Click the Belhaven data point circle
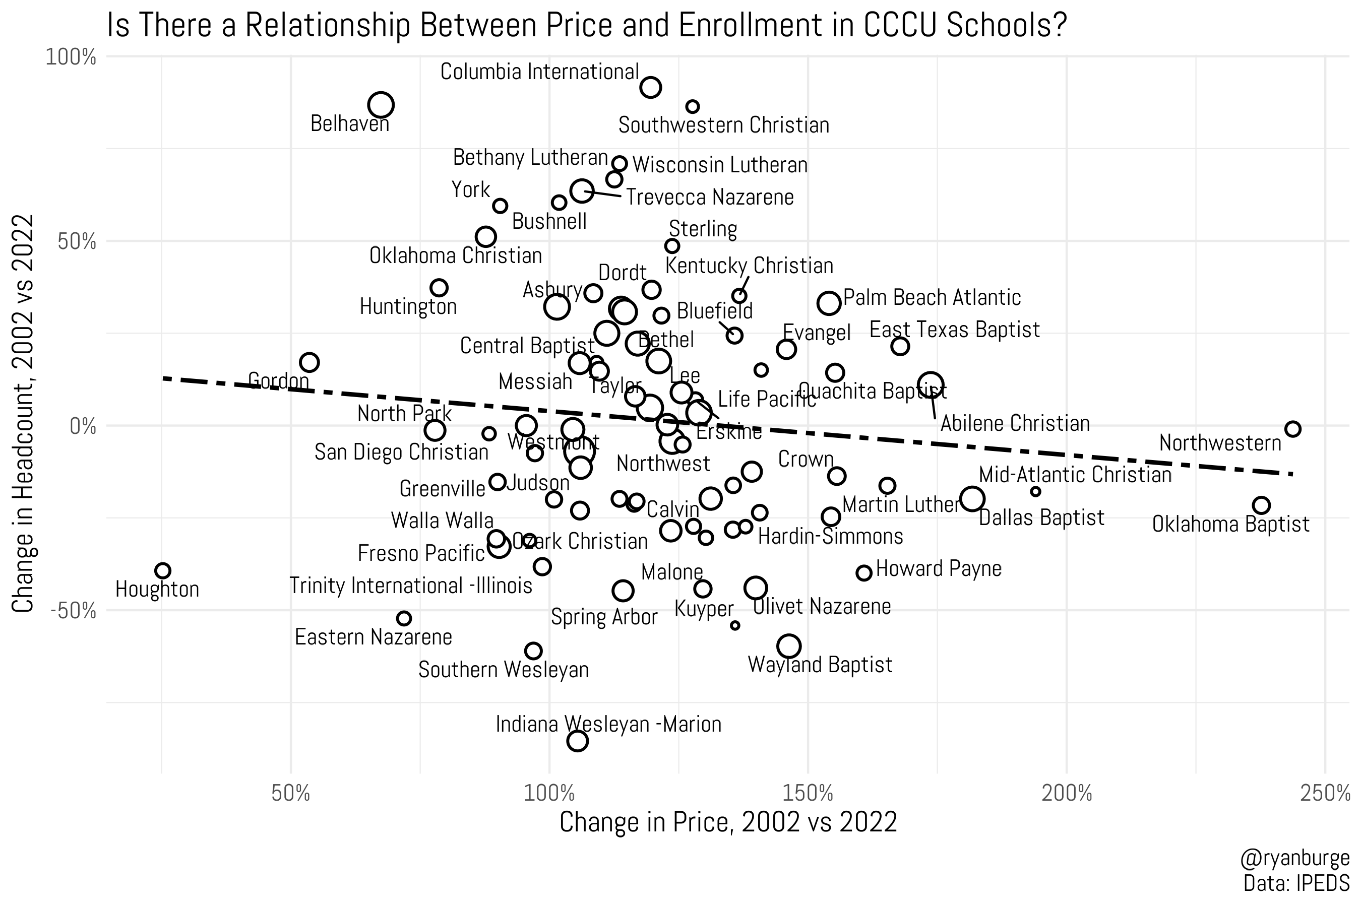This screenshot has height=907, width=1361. [x=381, y=105]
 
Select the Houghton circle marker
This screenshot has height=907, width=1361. [x=163, y=570]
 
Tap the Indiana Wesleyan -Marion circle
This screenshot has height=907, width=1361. [x=578, y=740]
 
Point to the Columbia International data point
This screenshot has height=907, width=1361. [x=651, y=87]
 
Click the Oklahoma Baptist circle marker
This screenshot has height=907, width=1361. [x=1262, y=505]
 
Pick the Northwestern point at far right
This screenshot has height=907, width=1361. [x=1293, y=429]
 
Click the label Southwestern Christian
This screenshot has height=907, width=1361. [x=723, y=125]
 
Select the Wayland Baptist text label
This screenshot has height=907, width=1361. [x=820, y=665]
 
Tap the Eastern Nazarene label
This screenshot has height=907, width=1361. [x=373, y=637]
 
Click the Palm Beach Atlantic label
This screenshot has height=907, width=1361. [x=932, y=297]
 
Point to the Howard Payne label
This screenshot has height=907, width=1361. [x=939, y=568]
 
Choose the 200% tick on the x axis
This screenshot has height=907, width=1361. [x=1066, y=793]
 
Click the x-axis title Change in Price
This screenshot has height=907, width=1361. [x=728, y=822]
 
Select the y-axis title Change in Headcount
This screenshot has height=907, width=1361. [x=23, y=414]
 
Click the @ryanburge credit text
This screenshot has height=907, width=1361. [x=1294, y=859]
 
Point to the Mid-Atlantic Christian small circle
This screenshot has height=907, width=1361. [x=1036, y=492]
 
